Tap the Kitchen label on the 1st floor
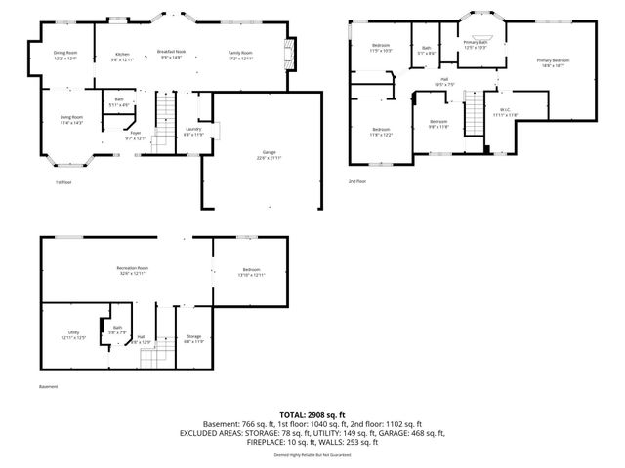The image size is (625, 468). pyautogui.click(x=123, y=57)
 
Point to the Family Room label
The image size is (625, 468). pyautogui.click(x=240, y=55)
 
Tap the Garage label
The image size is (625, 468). pyautogui.click(x=269, y=155)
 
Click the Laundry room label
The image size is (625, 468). pyautogui.click(x=193, y=132)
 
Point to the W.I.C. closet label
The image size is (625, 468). pyautogui.click(x=505, y=112)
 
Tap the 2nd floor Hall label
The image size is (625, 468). pyautogui.click(x=443, y=82)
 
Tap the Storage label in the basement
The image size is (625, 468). pyautogui.click(x=193, y=338)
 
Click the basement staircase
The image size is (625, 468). pyautogui.click(x=154, y=359)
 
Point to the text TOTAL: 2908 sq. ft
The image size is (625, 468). pyautogui.click(x=312, y=415)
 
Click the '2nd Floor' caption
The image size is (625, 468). pyautogui.click(x=357, y=181)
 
